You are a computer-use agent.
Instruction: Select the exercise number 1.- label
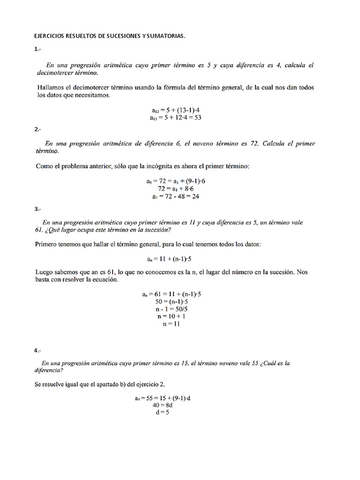point(38,49)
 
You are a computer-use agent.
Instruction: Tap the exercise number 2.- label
point(38,130)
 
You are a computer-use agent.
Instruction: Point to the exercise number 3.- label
point(38,210)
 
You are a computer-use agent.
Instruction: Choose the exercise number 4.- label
point(38,350)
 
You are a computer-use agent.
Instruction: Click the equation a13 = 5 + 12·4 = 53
point(176,118)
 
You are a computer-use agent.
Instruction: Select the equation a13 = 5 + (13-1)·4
point(176,110)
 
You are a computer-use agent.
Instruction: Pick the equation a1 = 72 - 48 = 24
point(176,196)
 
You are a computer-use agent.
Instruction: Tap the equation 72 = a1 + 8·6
point(176,188)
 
